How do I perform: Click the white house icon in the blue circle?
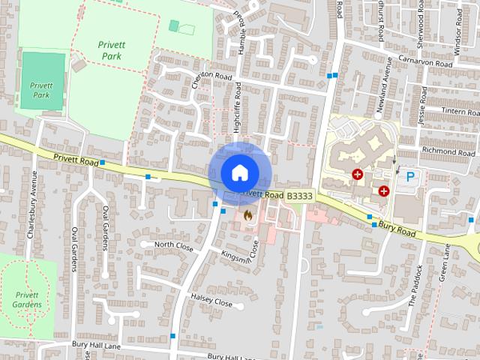point(239,172)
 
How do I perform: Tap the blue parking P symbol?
point(410,178)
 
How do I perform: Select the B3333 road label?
point(299,196)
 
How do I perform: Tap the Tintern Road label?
point(454,112)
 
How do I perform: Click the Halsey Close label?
point(213,300)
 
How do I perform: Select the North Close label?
point(174,245)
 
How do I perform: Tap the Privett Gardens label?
point(28,300)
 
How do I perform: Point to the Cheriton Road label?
point(213,76)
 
